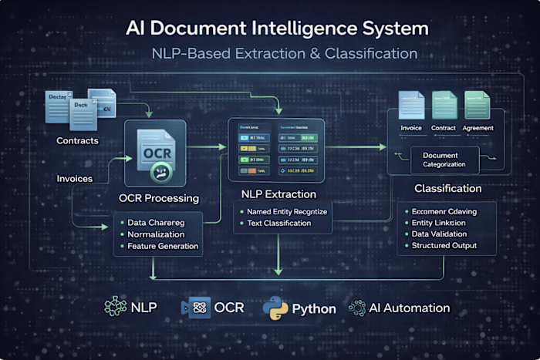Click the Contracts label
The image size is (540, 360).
(x=77, y=141)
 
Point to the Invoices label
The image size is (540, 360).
(x=76, y=178)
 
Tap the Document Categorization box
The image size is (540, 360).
(x=445, y=160)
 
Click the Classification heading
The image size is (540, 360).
(x=447, y=188)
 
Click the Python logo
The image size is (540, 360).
(x=275, y=308)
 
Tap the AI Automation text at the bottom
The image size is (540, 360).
(x=409, y=308)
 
